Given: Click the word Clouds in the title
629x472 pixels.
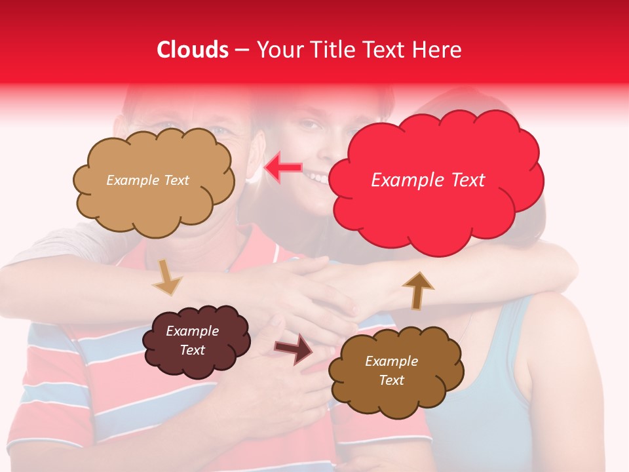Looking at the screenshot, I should tap(193, 50).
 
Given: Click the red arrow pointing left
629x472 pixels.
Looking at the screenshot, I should tap(283, 168).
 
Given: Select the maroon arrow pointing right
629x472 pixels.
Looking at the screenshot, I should tap(294, 349).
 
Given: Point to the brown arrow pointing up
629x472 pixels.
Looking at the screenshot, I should tap(417, 290).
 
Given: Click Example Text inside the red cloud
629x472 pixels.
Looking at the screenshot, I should tap(428, 180).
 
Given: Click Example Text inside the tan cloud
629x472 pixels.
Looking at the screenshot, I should tap(147, 180).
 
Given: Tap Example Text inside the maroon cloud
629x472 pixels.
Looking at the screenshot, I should tap(193, 341).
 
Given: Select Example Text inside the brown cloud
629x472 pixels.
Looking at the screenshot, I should tap(391, 370).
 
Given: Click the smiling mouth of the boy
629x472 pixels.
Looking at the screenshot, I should tap(319, 177).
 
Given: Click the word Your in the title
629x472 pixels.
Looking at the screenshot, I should tap(278, 50).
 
